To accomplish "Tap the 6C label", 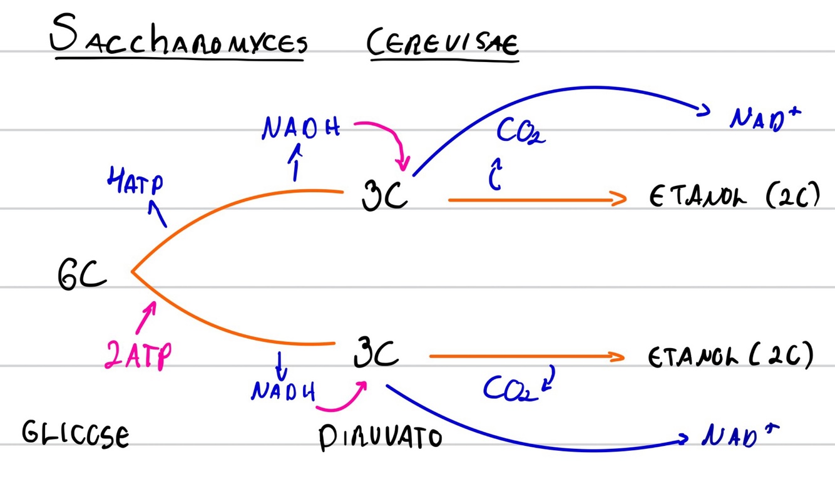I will (x=81, y=275).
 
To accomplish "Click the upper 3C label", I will (x=384, y=193).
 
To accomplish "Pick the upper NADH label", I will (x=300, y=128).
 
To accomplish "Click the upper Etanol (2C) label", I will (x=734, y=197).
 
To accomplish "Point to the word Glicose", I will (x=75, y=433).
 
